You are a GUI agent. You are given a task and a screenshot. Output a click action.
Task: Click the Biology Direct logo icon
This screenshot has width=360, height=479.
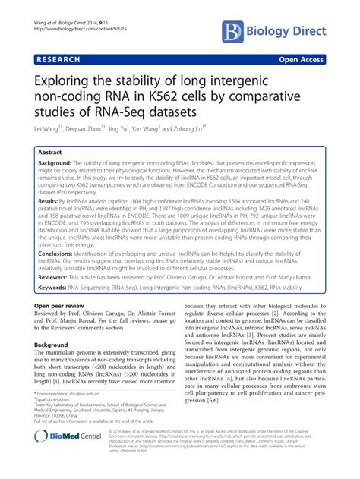coord(235,31)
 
